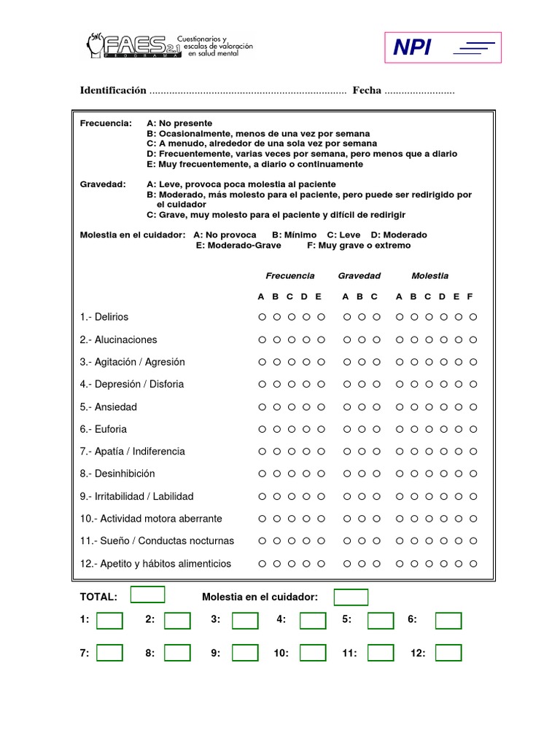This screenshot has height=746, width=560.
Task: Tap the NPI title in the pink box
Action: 412,48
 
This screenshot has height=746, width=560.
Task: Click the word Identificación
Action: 113,90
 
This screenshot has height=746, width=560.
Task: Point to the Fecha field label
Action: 367,90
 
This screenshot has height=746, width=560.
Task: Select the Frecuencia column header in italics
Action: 290,276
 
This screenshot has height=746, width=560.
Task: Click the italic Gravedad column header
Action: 359,276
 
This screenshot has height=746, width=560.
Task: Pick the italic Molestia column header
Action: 430,276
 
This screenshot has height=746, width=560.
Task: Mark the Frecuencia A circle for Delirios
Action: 262,317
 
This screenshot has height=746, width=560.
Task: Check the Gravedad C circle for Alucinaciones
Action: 376,339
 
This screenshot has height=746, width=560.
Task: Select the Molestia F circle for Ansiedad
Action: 473,407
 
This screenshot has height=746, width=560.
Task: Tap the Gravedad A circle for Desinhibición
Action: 347,474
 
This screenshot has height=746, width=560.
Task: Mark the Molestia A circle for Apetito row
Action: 400,564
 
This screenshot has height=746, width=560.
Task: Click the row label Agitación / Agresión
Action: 133,362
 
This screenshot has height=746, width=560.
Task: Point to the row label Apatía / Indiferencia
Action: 133,452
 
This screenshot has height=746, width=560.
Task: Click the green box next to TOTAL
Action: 147,595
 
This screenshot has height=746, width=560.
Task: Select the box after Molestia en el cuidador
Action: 351,597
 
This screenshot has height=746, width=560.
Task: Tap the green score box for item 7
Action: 110,653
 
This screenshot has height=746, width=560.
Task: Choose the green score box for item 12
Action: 448,653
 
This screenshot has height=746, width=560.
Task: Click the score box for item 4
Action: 313,621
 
